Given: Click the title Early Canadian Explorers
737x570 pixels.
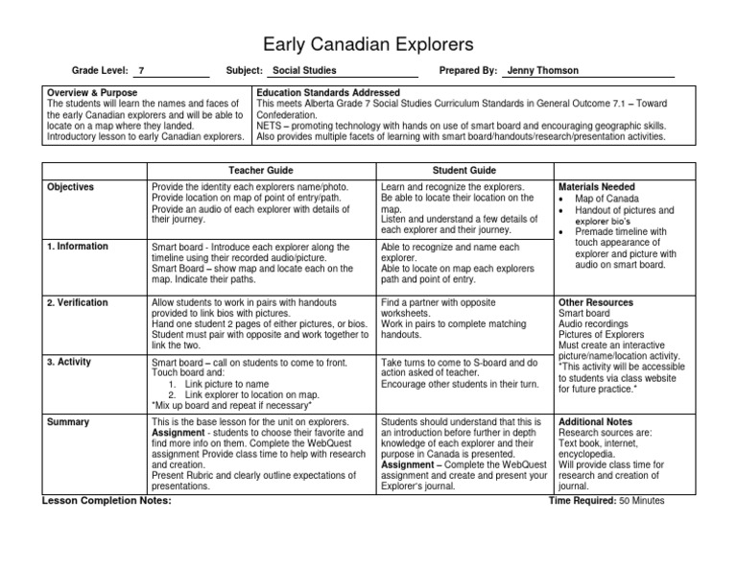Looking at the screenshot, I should pos(368,44).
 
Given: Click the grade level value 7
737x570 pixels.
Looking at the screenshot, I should pos(142,71).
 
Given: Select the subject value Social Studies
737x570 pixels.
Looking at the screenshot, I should pos(305,71).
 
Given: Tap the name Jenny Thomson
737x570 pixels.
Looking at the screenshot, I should pos(543,71).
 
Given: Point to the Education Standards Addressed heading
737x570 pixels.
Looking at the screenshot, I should pos(323,92).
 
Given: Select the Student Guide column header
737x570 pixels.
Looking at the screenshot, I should pos(464,170).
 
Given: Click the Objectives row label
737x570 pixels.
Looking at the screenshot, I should pos(71,187).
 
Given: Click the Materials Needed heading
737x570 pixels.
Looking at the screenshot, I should pos(596,187).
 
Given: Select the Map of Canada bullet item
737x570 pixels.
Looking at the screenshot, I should pos(606,199).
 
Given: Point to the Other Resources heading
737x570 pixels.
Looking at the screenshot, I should pos(595,302).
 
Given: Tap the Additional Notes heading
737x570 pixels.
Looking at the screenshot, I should pos(595,422).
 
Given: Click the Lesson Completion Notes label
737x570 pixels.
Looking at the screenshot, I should pos(107,500).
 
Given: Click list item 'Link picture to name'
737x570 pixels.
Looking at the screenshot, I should pos(229,384).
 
